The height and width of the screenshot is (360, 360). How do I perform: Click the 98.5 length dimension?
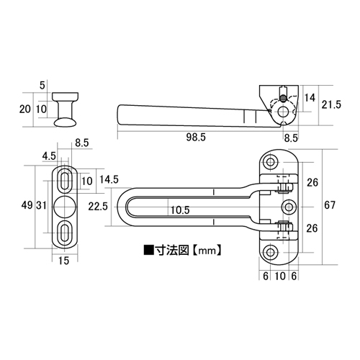tap(196, 138)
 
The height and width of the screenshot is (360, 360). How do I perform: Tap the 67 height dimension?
tap(330, 205)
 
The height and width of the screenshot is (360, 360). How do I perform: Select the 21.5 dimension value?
tap(331, 104)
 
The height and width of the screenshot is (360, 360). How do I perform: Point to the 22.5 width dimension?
tap(98, 206)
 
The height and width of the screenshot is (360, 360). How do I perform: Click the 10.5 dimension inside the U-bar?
tap(180, 210)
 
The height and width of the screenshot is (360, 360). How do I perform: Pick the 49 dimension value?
tap(27, 205)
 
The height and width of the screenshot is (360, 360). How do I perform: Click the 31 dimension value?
tap(41, 205)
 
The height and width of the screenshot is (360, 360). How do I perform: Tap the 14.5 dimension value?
tap(109, 179)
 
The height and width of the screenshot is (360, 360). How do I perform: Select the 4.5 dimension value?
tap(49, 156)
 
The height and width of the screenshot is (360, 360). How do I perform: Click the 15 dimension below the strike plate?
tap(63, 261)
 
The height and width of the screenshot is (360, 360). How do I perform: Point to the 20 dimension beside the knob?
tap(25, 109)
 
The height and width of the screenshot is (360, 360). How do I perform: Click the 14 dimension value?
tap(310, 98)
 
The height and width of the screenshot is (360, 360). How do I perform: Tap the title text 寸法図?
tap(171, 251)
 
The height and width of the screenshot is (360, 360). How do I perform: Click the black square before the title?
tap(148, 251)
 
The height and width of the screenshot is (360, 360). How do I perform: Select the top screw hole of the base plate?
tap(271, 162)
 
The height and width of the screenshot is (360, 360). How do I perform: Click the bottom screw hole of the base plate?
tap(271, 252)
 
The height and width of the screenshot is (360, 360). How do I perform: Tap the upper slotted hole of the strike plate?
tap(65, 181)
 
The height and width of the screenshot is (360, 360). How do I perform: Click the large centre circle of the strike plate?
tap(65, 207)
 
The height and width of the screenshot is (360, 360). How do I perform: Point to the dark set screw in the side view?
tap(284, 98)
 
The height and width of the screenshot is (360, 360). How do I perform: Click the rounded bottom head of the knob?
tap(66, 122)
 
